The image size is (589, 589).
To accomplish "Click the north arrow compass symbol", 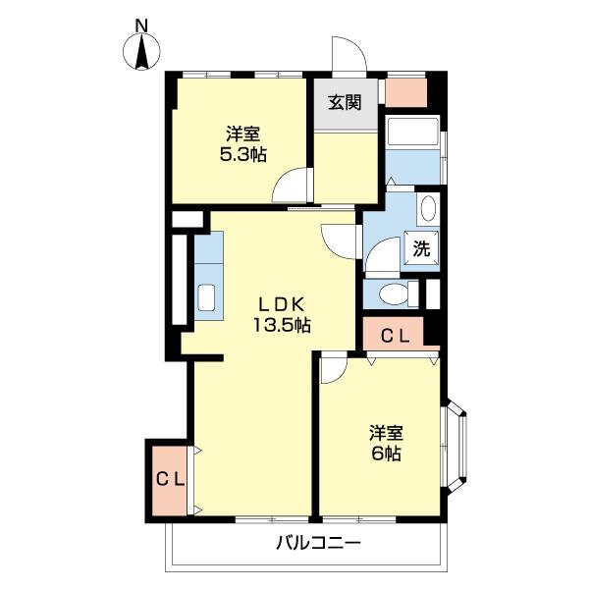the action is [x=142, y=51].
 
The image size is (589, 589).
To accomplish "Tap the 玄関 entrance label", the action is [x=345, y=102].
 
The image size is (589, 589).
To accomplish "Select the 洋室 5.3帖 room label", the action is [x=243, y=144].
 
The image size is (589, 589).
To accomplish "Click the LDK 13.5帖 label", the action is [x=282, y=315].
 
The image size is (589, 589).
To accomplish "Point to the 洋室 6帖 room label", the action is [x=386, y=444].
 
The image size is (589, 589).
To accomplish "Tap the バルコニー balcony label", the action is [x=318, y=543].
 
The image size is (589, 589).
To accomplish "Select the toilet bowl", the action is [x=394, y=294].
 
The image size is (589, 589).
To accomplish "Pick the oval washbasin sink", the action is [x=428, y=208].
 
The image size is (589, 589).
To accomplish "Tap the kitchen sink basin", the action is [x=206, y=297].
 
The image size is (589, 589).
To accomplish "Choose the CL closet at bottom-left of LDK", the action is [x=170, y=480].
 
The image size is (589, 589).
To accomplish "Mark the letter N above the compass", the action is [x=141, y=26].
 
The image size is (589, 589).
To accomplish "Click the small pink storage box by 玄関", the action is [x=406, y=92].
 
